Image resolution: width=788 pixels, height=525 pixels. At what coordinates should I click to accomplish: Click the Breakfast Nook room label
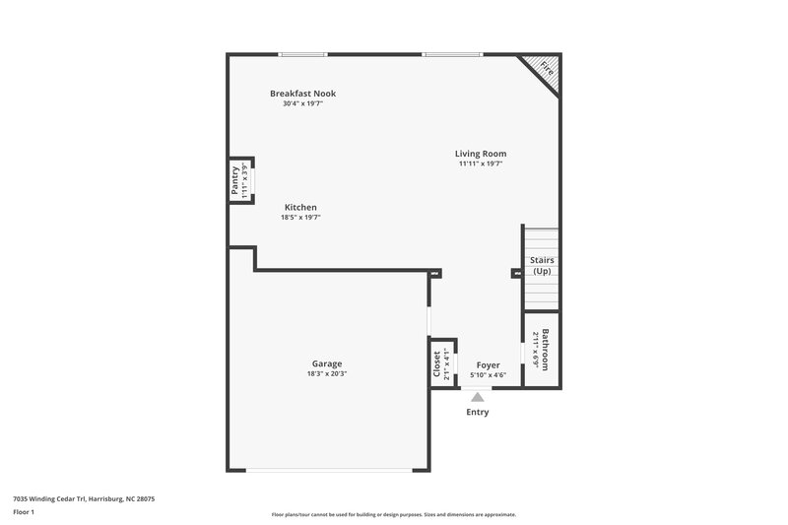pyautogui.click(x=302, y=94)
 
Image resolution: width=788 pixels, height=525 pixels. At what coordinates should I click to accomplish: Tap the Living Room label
pyautogui.click(x=481, y=154)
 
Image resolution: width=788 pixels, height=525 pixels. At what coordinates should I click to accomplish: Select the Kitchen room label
pyautogui.click(x=300, y=207)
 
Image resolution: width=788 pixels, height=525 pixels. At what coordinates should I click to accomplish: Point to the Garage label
pyautogui.click(x=327, y=363)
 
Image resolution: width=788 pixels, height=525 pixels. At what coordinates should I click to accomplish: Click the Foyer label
pyautogui.click(x=489, y=364)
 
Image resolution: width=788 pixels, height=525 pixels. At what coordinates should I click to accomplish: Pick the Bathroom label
pyautogui.click(x=546, y=349)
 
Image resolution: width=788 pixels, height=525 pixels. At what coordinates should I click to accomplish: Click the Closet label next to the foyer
pyautogui.click(x=437, y=363)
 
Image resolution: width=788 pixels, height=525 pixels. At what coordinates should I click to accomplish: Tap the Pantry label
pyautogui.click(x=235, y=182)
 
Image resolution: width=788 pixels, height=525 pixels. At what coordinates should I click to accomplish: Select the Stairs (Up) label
pyautogui.click(x=542, y=266)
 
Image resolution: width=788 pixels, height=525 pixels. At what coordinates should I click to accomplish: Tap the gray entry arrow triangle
pyautogui.click(x=478, y=396)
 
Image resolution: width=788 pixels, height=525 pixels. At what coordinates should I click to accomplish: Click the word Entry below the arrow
pyautogui.click(x=478, y=412)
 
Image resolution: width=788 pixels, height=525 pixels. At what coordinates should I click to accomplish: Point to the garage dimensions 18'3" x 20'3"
pyautogui.click(x=327, y=373)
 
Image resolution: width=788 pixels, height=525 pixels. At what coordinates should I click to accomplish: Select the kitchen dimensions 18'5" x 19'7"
pyautogui.click(x=300, y=217)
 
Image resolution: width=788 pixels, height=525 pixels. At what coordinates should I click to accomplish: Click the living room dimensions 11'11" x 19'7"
pyautogui.click(x=481, y=164)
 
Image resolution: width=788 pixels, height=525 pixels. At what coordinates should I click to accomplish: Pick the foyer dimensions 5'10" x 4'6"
pyautogui.click(x=489, y=374)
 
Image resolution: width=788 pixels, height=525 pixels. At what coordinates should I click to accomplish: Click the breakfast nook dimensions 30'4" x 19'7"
pyautogui.click(x=302, y=103)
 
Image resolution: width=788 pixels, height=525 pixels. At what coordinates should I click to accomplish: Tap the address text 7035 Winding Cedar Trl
pyautogui.click(x=84, y=498)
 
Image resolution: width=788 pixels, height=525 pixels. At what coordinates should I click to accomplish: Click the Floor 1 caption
pyautogui.click(x=24, y=513)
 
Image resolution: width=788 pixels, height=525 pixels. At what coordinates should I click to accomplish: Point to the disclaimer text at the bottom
pyautogui.click(x=393, y=514)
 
